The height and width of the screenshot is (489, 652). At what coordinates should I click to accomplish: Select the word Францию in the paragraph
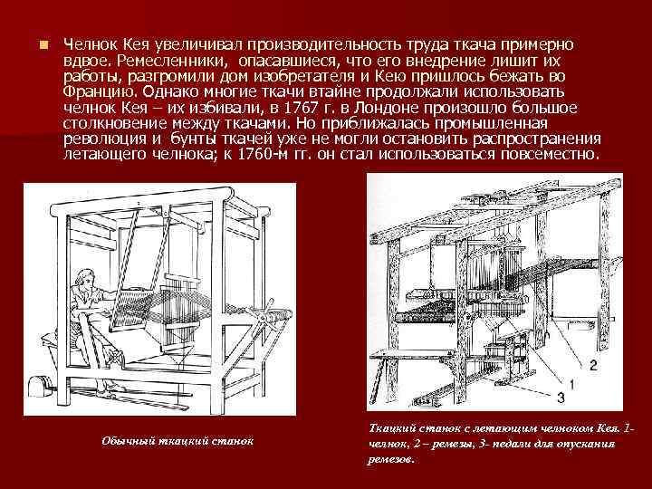[x=101, y=91]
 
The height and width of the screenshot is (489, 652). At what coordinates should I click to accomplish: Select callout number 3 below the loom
[x=561, y=397]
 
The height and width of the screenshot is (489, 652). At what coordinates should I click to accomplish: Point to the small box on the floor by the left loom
[x=42, y=383]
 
